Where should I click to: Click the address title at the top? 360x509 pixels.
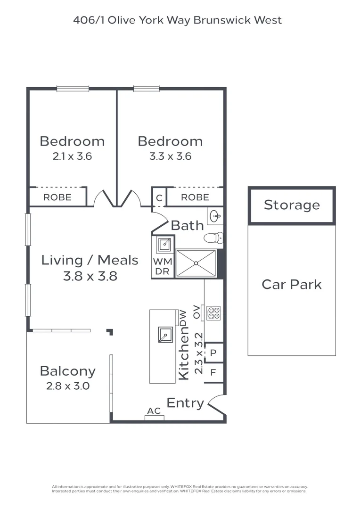[178, 20]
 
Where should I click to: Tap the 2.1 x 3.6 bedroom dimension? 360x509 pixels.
[72, 156]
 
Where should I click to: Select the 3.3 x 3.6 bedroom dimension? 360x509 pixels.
[170, 156]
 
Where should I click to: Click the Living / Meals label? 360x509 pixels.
[90, 260]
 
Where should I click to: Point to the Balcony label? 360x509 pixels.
[67, 371]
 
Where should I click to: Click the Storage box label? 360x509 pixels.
[292, 205]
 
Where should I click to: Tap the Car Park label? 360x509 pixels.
[292, 284]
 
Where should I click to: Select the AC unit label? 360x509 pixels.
[154, 411]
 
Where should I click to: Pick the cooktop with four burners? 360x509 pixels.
[213, 313]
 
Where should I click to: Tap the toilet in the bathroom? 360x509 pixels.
[213, 238]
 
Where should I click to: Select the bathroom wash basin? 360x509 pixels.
[214, 217]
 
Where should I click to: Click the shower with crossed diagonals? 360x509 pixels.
[196, 263]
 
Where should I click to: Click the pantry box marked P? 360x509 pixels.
[213, 353]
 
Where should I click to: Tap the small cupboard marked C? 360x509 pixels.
[159, 198]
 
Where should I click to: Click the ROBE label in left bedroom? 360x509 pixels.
[57, 197]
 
